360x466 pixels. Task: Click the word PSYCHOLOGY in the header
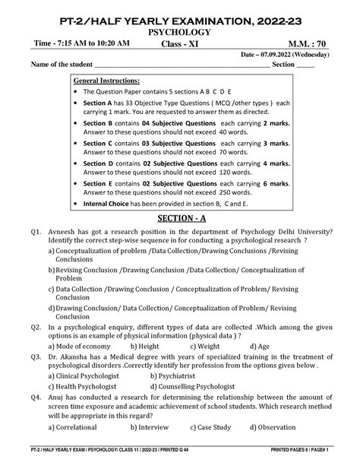(180, 33)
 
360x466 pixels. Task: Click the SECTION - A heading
(180, 218)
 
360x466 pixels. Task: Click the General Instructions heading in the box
(106, 80)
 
